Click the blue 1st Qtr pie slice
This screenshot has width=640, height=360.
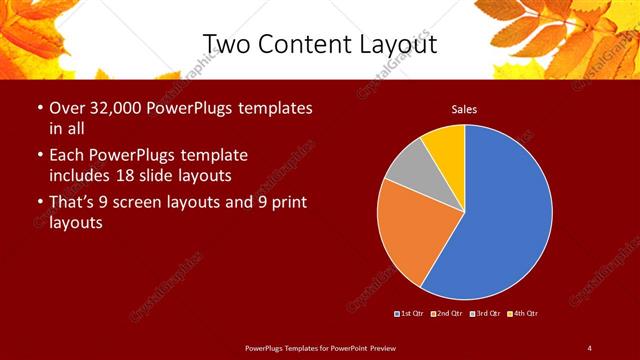coord(505,215)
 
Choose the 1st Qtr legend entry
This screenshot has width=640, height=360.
coord(411,314)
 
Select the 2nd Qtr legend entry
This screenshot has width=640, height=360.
coord(447,314)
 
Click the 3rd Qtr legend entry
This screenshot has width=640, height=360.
coord(484,314)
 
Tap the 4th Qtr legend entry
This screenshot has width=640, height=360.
coord(521,314)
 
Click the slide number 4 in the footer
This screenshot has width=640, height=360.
coord(589,347)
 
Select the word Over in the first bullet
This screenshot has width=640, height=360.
coord(66,108)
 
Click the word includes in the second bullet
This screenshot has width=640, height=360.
coord(80,176)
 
